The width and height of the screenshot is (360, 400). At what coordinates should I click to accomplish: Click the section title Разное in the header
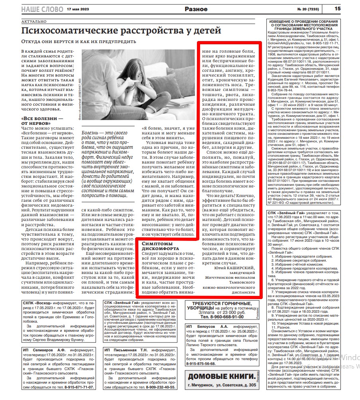click(x=196, y=9)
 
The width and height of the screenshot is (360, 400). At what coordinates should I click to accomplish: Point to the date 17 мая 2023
click(x=78, y=9)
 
